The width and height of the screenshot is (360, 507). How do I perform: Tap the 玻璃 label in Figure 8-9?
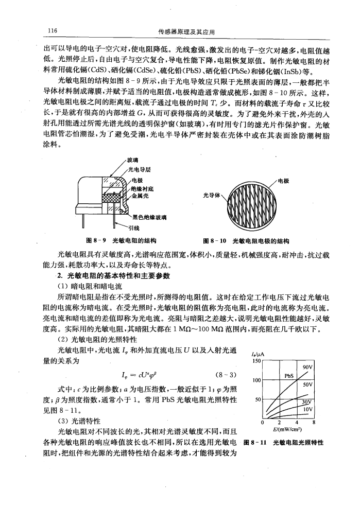(x=140, y=160)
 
